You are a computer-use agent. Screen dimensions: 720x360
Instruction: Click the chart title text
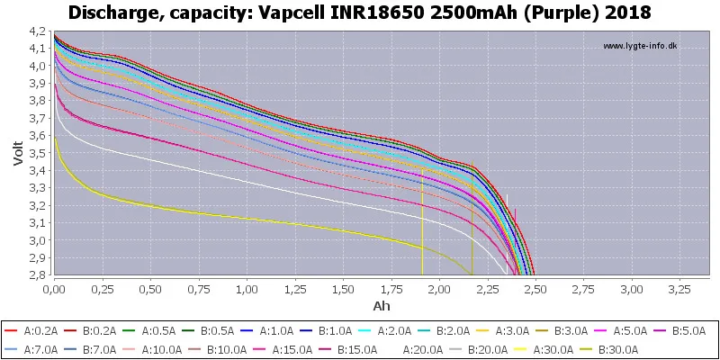point(359,13)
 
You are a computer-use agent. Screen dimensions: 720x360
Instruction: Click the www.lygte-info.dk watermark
point(640,46)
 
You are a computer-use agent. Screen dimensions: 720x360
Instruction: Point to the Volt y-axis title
point(18,153)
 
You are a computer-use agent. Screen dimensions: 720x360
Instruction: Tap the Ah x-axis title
point(382,305)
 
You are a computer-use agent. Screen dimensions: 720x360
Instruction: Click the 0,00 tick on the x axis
point(55,289)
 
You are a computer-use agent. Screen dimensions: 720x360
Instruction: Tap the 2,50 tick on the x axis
point(535,289)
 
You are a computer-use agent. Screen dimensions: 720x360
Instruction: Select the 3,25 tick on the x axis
point(679,289)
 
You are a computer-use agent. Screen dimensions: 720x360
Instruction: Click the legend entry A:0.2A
point(31,330)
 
